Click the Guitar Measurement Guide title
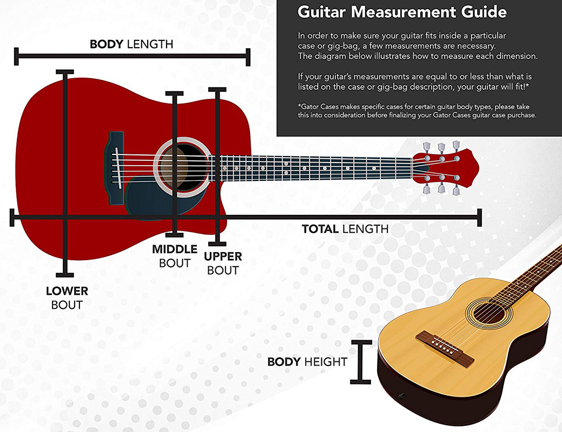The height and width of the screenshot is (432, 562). click(402, 12)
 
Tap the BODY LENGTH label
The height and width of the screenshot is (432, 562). click(131, 44)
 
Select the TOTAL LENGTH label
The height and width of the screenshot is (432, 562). click(345, 229)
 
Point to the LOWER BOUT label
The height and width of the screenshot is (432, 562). click(67, 298)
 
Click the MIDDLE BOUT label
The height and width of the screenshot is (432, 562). click(175, 256)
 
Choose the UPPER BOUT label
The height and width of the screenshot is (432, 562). click(223, 263)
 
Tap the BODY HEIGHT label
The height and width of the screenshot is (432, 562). click(307, 362)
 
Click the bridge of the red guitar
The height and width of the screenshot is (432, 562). click(115, 167)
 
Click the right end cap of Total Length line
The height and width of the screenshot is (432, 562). click(480, 218)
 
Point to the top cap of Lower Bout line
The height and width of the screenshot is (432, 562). click(65, 71)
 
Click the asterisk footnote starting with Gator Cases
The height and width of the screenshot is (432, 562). click(416, 111)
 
